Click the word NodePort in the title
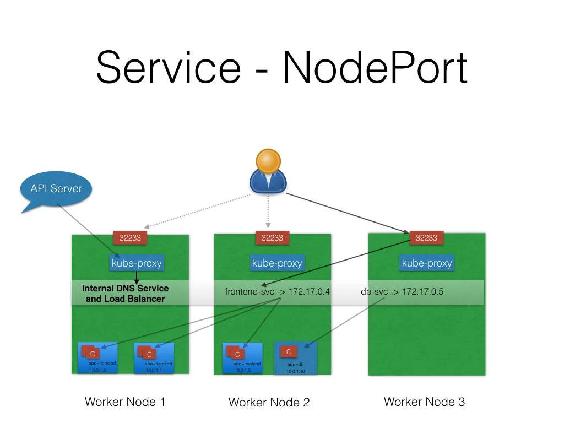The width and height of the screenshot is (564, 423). [x=375, y=68]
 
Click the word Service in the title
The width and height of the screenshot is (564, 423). [x=169, y=68]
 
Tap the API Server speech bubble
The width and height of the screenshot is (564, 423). [x=55, y=189]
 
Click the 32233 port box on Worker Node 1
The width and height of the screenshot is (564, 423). [x=129, y=238]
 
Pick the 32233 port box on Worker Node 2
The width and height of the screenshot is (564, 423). [x=272, y=238]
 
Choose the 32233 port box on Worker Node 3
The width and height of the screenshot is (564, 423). [x=427, y=238]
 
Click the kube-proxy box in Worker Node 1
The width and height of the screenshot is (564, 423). [x=137, y=263]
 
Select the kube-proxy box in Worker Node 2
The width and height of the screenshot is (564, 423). [x=277, y=263]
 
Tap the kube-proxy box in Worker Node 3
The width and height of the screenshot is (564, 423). [x=427, y=263]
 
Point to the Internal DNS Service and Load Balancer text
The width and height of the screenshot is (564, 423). [x=125, y=294]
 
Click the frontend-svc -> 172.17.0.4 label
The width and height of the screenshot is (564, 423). [x=277, y=292]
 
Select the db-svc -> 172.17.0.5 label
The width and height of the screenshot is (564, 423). [x=402, y=292]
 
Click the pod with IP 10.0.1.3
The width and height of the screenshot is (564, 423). [x=98, y=358]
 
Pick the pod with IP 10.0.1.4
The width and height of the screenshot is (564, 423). [x=154, y=358]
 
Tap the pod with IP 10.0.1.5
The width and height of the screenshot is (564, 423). [x=242, y=358]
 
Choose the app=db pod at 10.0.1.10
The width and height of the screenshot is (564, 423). [x=296, y=359]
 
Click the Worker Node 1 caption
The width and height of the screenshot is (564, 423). [x=125, y=402]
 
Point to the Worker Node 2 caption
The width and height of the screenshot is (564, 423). [x=269, y=403]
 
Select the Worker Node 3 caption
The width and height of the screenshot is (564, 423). [x=424, y=402]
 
